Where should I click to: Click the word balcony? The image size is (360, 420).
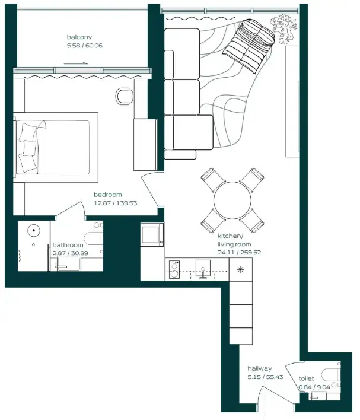(x=79, y=37)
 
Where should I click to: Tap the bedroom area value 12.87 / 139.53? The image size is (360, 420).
(x=115, y=203)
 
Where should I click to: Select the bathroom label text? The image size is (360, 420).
(x=68, y=244)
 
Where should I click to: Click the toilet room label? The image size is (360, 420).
(x=307, y=378)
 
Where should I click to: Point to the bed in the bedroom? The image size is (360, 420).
(x=56, y=144)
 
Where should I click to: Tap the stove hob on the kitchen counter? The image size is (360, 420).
(x=175, y=270)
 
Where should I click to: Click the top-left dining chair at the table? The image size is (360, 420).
(x=212, y=179)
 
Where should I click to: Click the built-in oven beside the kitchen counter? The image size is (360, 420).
(x=152, y=233)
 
